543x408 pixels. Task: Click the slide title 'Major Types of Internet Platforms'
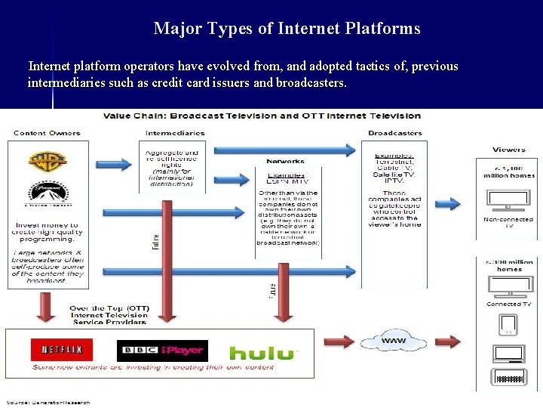[287, 29]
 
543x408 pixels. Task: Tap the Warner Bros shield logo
[48, 161]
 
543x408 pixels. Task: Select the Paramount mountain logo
[48, 195]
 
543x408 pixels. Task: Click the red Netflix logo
[62, 350]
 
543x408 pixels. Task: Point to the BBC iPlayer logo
[162, 351]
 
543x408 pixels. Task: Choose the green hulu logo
[263, 353]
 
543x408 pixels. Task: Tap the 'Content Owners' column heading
[47, 133]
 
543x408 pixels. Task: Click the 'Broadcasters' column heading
[395, 133]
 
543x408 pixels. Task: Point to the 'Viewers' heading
[509, 150]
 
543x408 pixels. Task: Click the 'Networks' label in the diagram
[285, 161]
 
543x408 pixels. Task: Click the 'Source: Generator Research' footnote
[49, 402]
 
